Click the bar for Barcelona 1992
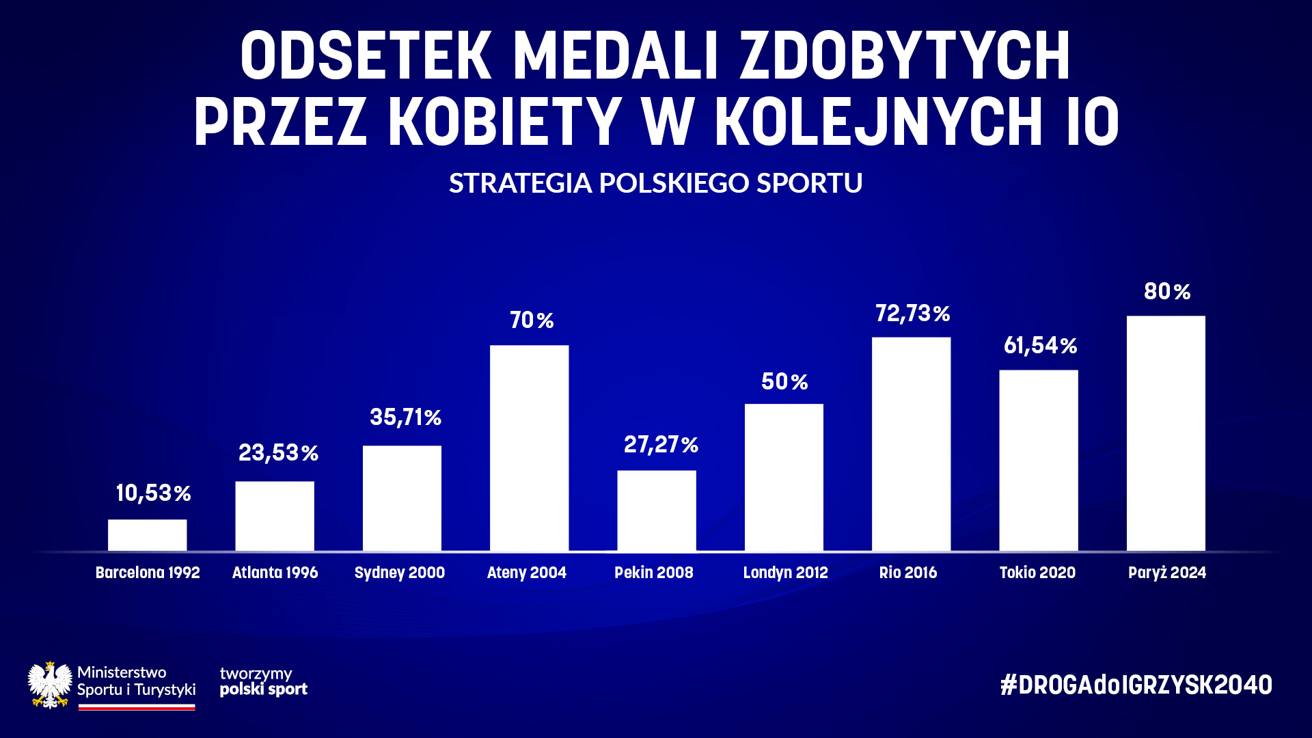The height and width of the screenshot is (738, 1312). click(147, 535)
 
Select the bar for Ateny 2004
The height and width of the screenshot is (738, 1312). click(529, 448)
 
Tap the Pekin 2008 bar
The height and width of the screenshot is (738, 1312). click(657, 510)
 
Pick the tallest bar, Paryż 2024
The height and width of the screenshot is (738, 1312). click(1166, 433)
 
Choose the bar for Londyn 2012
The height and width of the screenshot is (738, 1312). click(784, 477)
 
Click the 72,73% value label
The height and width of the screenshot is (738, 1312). click(912, 313)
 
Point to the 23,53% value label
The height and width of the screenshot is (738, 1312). click(278, 452)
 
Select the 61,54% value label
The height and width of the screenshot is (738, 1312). click(1040, 345)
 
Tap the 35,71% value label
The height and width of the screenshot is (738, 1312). click(405, 417)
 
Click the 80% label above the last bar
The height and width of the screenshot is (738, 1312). click(1167, 291)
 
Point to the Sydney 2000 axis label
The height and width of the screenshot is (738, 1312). click(399, 573)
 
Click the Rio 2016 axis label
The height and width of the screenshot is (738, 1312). click(907, 573)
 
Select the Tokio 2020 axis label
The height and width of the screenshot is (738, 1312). click(1037, 573)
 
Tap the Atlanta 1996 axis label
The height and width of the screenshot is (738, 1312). click(275, 573)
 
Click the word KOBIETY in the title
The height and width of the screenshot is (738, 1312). click(505, 122)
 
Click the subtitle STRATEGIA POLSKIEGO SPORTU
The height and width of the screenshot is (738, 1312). click(655, 182)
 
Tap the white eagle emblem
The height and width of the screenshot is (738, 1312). click(50, 685)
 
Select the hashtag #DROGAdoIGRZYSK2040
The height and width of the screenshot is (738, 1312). click(1136, 685)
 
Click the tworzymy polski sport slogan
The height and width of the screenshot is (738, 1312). click(263, 681)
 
